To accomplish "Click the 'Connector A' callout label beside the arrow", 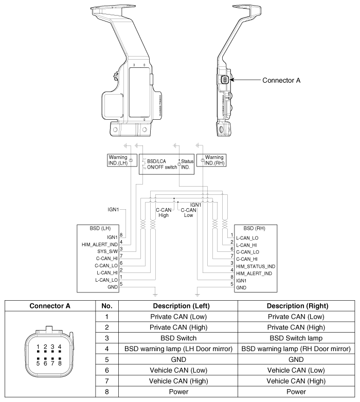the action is click(x=281, y=81).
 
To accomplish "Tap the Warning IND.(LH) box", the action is click(x=122, y=160).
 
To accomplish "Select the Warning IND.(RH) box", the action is click(x=211, y=160).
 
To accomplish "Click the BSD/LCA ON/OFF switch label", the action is click(x=162, y=165).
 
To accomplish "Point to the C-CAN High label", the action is click(x=164, y=213).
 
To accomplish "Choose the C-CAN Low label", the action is click(x=188, y=213).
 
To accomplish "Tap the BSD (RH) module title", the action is click(x=255, y=228).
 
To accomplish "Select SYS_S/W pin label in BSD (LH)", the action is click(x=107, y=251).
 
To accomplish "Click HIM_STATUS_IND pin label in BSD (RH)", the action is click(x=256, y=266).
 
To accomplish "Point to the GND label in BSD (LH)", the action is click(x=113, y=287).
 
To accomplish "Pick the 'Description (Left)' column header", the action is click(x=181, y=306).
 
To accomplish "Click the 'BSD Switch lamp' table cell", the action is click(x=296, y=338).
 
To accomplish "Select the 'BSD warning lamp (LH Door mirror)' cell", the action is click(x=178, y=349).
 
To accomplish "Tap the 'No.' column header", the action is click(x=107, y=306).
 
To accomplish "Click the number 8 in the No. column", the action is click(x=107, y=392).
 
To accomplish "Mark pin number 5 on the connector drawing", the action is click(x=38, y=363).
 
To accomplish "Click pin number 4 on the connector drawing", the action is click(x=60, y=347).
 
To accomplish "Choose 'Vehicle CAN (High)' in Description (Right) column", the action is click(x=296, y=381).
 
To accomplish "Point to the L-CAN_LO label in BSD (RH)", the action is click(x=247, y=238).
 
